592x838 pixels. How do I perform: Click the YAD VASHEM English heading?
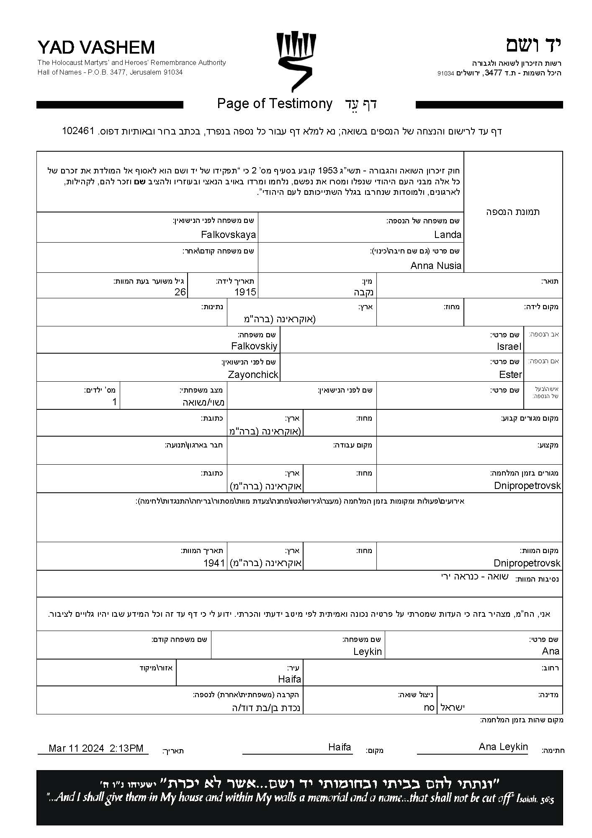coord(96,48)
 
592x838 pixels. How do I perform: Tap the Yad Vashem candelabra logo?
coord(296,62)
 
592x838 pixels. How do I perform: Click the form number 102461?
coord(78,131)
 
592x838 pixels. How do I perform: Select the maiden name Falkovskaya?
coord(228,235)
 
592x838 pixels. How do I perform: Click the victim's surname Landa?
coord(448,235)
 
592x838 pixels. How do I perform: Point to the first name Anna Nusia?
coord(436,266)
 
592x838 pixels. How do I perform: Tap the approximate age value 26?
coord(180,292)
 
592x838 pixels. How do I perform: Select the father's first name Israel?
coord(509,347)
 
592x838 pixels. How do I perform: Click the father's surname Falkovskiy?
coord(254,347)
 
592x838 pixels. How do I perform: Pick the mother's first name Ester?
coord(511,375)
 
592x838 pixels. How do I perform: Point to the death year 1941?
coord(214,563)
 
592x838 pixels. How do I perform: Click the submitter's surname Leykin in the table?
coord(367,652)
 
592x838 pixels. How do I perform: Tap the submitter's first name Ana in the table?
coord(551,651)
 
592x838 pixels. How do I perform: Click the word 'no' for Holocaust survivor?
coord(429,707)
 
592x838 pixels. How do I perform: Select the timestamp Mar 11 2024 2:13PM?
coord(96,749)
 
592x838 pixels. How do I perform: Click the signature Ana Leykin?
coord(503,747)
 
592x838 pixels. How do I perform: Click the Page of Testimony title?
coord(275,103)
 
